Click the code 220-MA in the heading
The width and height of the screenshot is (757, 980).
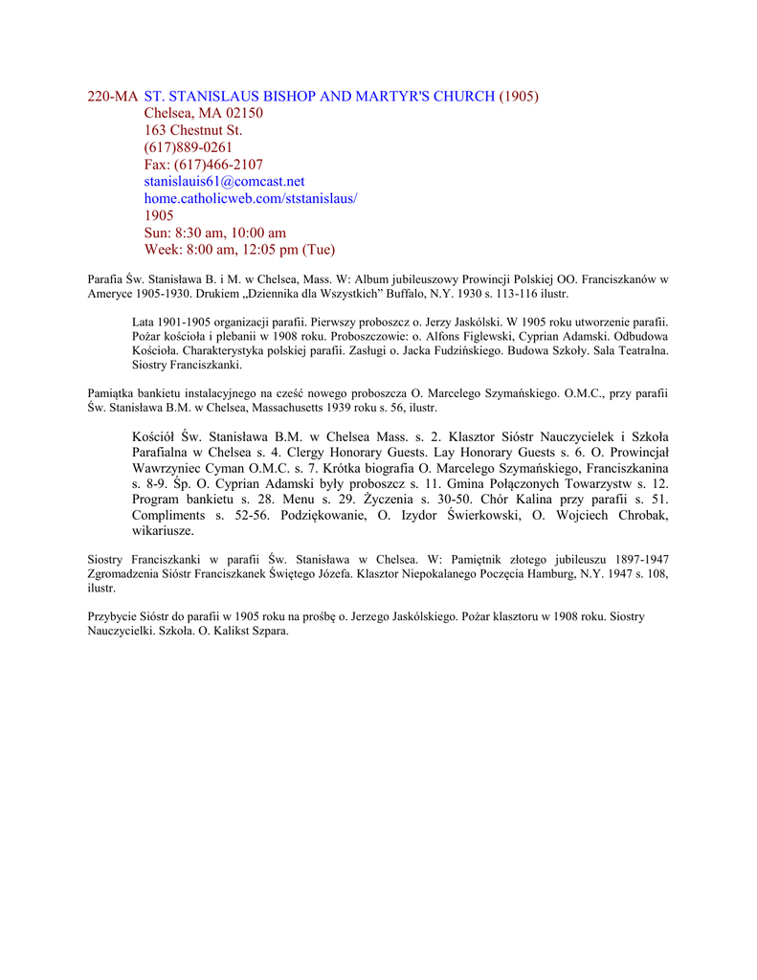coord(113,96)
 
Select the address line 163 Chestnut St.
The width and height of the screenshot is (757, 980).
coord(193,130)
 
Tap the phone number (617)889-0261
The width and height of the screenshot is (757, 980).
coord(189,147)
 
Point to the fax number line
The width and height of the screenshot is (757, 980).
coord(204,165)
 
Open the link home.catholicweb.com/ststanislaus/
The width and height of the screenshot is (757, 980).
coord(251,198)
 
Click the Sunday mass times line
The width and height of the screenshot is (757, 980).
coord(215,233)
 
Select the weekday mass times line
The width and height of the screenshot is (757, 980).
coord(239,250)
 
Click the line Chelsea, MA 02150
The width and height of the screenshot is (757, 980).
coord(204,113)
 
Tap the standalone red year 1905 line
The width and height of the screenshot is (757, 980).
coord(159,215)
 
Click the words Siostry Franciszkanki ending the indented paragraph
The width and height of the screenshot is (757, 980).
coord(187,365)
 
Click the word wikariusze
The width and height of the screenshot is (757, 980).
coord(163,530)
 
